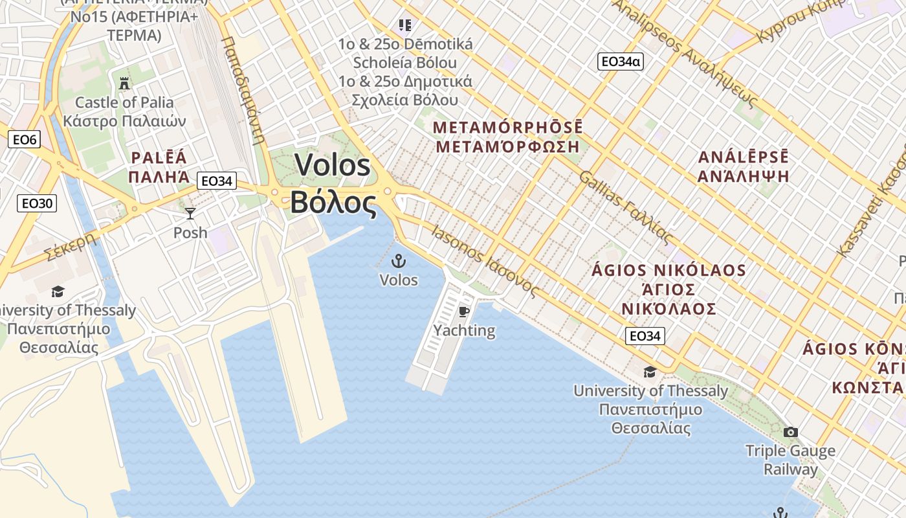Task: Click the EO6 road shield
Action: coord(25,139)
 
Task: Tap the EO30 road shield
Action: coord(37,203)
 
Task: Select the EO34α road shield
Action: coord(620,62)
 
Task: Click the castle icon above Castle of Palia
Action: coord(124,83)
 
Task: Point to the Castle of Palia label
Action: coord(124,111)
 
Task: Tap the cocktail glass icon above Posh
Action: coord(190,213)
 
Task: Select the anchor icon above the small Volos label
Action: coord(399,262)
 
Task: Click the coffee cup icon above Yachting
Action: coord(464,311)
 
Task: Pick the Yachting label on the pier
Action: coord(464,330)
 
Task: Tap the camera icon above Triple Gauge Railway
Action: coord(790,432)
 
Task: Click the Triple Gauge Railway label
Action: coord(790,460)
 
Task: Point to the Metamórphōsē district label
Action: coord(509,136)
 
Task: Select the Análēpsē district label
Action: coord(744,166)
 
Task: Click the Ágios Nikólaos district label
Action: coord(668,289)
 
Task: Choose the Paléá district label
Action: coord(160,166)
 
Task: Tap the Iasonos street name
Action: coord(484,262)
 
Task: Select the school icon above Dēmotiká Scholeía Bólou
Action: coord(405,25)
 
